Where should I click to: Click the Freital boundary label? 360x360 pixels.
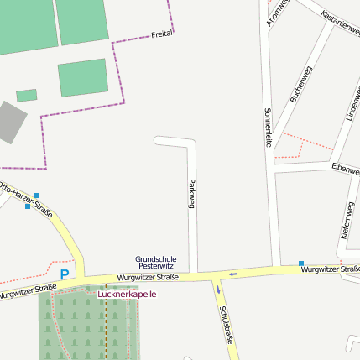[x=162, y=34]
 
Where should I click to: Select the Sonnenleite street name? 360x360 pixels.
[x=268, y=127]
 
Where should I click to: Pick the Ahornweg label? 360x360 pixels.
[x=277, y=12]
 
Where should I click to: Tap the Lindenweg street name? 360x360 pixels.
[x=350, y=104]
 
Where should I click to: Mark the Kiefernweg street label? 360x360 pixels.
[x=347, y=221]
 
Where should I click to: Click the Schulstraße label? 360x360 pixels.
[x=225, y=325]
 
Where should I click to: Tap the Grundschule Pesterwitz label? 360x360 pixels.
[x=156, y=262]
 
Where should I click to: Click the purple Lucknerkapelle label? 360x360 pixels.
[x=127, y=295]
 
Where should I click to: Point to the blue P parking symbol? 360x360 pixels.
[x=65, y=274]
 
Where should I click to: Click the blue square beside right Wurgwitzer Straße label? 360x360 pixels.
[x=301, y=263]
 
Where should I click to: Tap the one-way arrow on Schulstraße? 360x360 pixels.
[x=218, y=290]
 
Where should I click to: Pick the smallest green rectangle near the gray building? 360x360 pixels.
[x=26, y=95]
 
